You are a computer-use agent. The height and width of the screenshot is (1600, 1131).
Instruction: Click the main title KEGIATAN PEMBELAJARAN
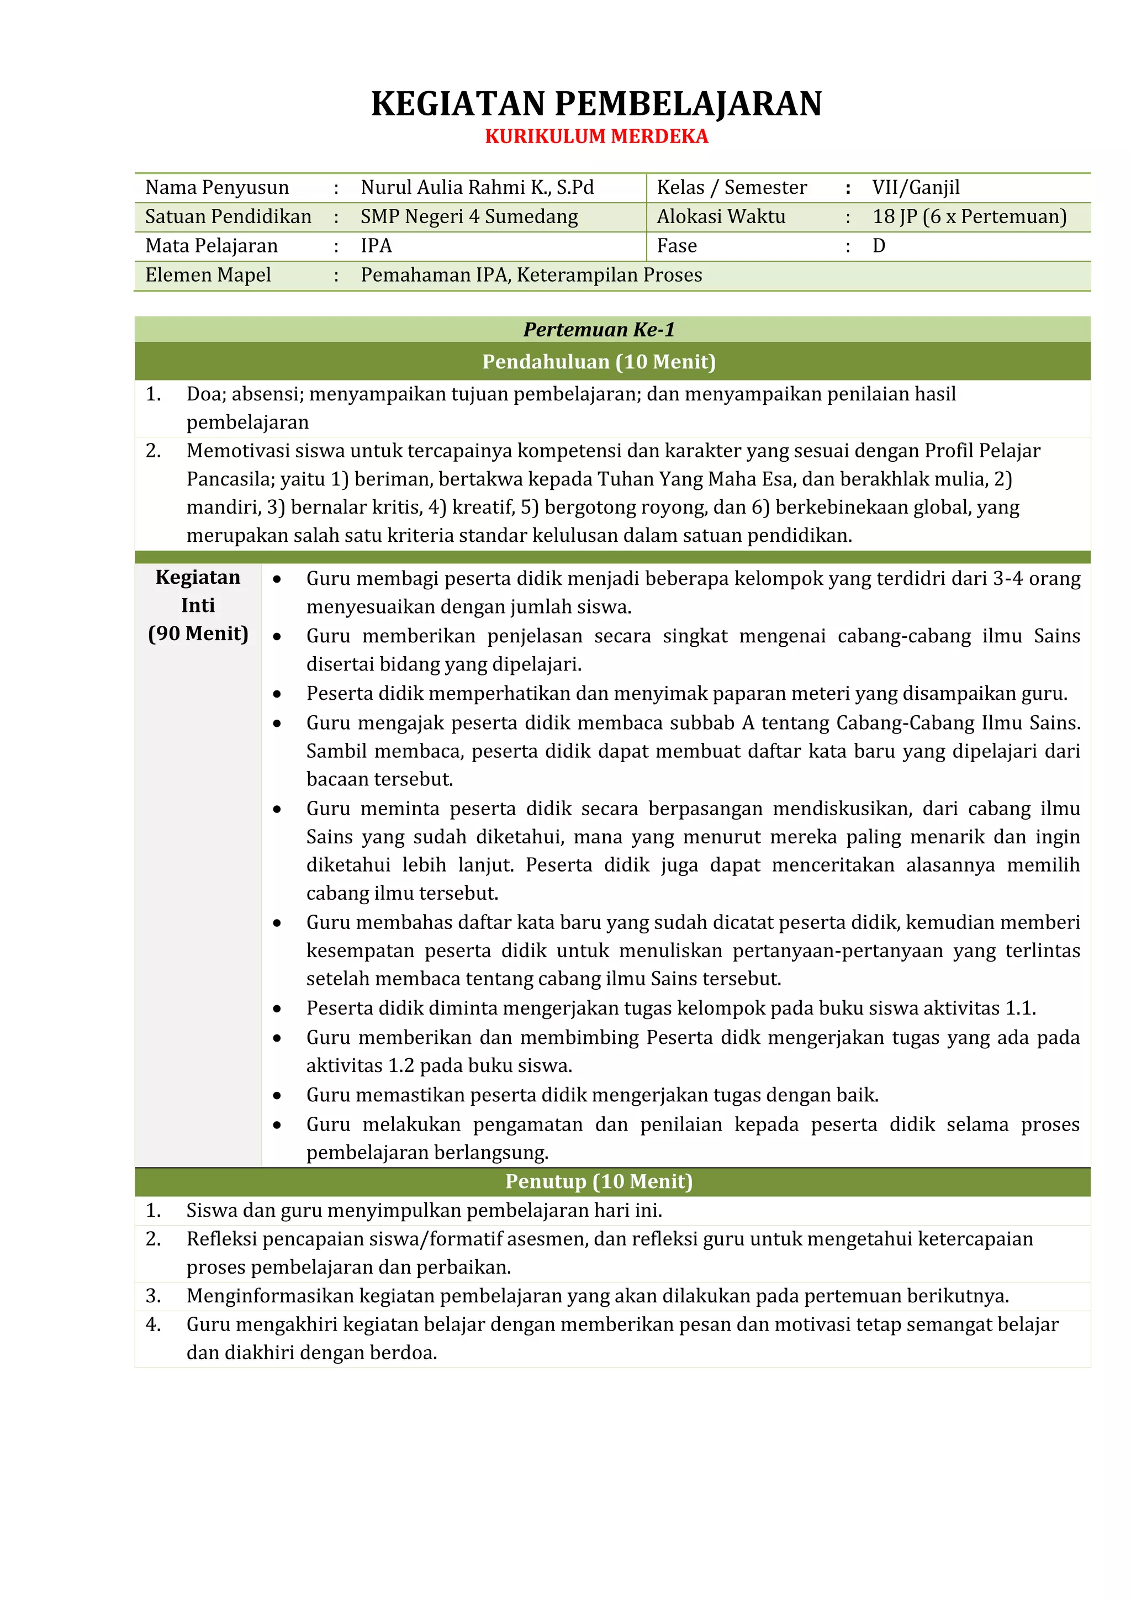tap(596, 104)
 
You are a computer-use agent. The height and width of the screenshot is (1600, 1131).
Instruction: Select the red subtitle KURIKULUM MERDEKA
tap(596, 136)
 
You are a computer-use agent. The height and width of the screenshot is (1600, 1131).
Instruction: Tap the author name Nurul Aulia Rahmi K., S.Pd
tap(477, 187)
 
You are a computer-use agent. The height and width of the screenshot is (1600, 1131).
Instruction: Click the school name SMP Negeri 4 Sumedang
tap(468, 216)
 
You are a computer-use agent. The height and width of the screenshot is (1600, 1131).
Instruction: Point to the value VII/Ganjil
tap(915, 187)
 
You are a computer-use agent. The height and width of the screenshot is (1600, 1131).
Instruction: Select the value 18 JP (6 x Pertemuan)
tap(969, 216)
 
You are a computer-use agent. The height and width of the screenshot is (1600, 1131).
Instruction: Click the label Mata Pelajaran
tap(211, 246)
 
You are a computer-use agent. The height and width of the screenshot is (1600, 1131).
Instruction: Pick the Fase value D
tap(878, 246)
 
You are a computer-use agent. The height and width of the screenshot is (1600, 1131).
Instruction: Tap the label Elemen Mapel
tap(208, 275)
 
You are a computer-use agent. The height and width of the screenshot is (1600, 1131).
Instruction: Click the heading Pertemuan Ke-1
tap(599, 330)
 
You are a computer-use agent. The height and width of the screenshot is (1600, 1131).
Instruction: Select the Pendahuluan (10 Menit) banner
tap(599, 362)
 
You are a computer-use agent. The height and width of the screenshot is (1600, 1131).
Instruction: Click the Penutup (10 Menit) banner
tap(599, 1181)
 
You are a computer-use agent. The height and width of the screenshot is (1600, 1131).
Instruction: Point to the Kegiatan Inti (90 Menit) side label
tap(198, 605)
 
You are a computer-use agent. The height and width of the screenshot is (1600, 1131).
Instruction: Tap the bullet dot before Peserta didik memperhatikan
tap(277, 695)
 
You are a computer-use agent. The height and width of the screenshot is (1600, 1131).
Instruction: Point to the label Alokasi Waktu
tap(721, 216)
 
